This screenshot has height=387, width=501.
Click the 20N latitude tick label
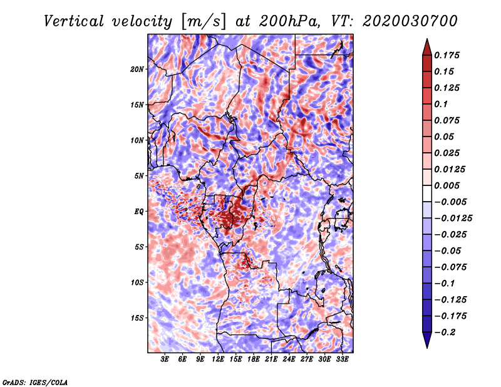tap(137, 70)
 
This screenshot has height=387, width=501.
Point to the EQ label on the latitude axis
tap(139, 212)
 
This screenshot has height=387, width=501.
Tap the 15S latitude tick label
tap(137, 318)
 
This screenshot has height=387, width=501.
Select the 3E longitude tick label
tap(165, 359)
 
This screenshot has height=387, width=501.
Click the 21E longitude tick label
tap(271, 359)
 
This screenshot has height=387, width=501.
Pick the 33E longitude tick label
tap(342, 359)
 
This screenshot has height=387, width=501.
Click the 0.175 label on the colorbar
tap(447, 55)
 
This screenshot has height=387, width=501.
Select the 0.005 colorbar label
tap(447, 185)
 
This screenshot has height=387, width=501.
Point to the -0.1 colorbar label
tap(445, 284)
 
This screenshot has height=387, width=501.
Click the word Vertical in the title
tap(74, 21)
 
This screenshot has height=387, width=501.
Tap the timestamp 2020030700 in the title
tap(410, 21)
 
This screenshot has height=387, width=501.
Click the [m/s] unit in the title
tap(203, 22)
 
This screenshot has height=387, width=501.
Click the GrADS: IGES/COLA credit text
tap(35, 383)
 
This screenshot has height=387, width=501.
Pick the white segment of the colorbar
tap(427, 194)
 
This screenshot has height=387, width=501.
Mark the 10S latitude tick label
tap(137, 282)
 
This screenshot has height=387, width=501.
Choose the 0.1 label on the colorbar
tap(441, 104)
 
